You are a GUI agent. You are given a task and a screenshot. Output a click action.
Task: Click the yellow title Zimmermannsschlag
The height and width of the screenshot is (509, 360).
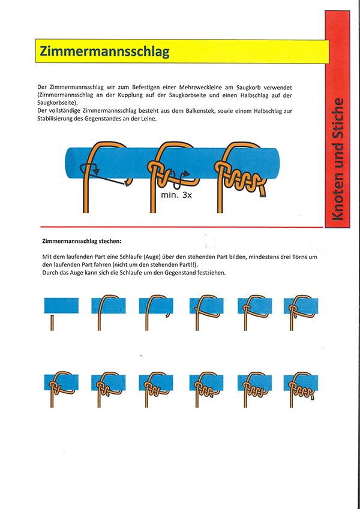coord(104,52)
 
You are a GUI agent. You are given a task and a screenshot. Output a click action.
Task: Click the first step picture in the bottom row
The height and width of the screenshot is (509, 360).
coord(61,387)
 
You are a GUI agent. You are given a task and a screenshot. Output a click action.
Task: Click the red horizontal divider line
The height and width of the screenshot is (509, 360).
coord(180,227)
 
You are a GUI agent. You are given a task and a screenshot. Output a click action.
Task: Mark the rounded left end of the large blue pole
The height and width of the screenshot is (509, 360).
coord(68,162)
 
